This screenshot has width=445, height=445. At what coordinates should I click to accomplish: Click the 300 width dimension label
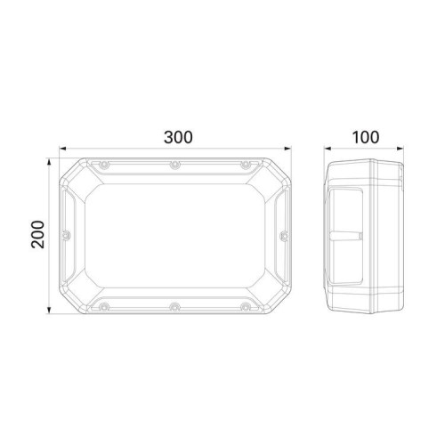pyautogui.click(x=178, y=137)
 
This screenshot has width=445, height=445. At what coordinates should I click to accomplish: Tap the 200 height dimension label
pyautogui.click(x=38, y=234)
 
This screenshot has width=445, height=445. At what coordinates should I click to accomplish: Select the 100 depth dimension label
pyautogui.click(x=365, y=137)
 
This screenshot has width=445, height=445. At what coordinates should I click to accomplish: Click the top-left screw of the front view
pyautogui.click(x=103, y=165)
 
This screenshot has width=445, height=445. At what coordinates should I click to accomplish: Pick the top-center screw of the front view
pyautogui.click(x=174, y=165)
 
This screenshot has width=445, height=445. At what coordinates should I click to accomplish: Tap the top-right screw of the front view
pyautogui.click(x=245, y=165)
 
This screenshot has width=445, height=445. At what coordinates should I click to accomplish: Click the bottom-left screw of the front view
pyautogui.click(x=103, y=306)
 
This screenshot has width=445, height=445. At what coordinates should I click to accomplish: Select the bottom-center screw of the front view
pyautogui.click(x=174, y=306)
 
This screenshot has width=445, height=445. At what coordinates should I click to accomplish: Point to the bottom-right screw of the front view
pyautogui.click(x=245, y=306)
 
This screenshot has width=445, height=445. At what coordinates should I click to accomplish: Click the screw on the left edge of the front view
pyautogui.click(x=68, y=236)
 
